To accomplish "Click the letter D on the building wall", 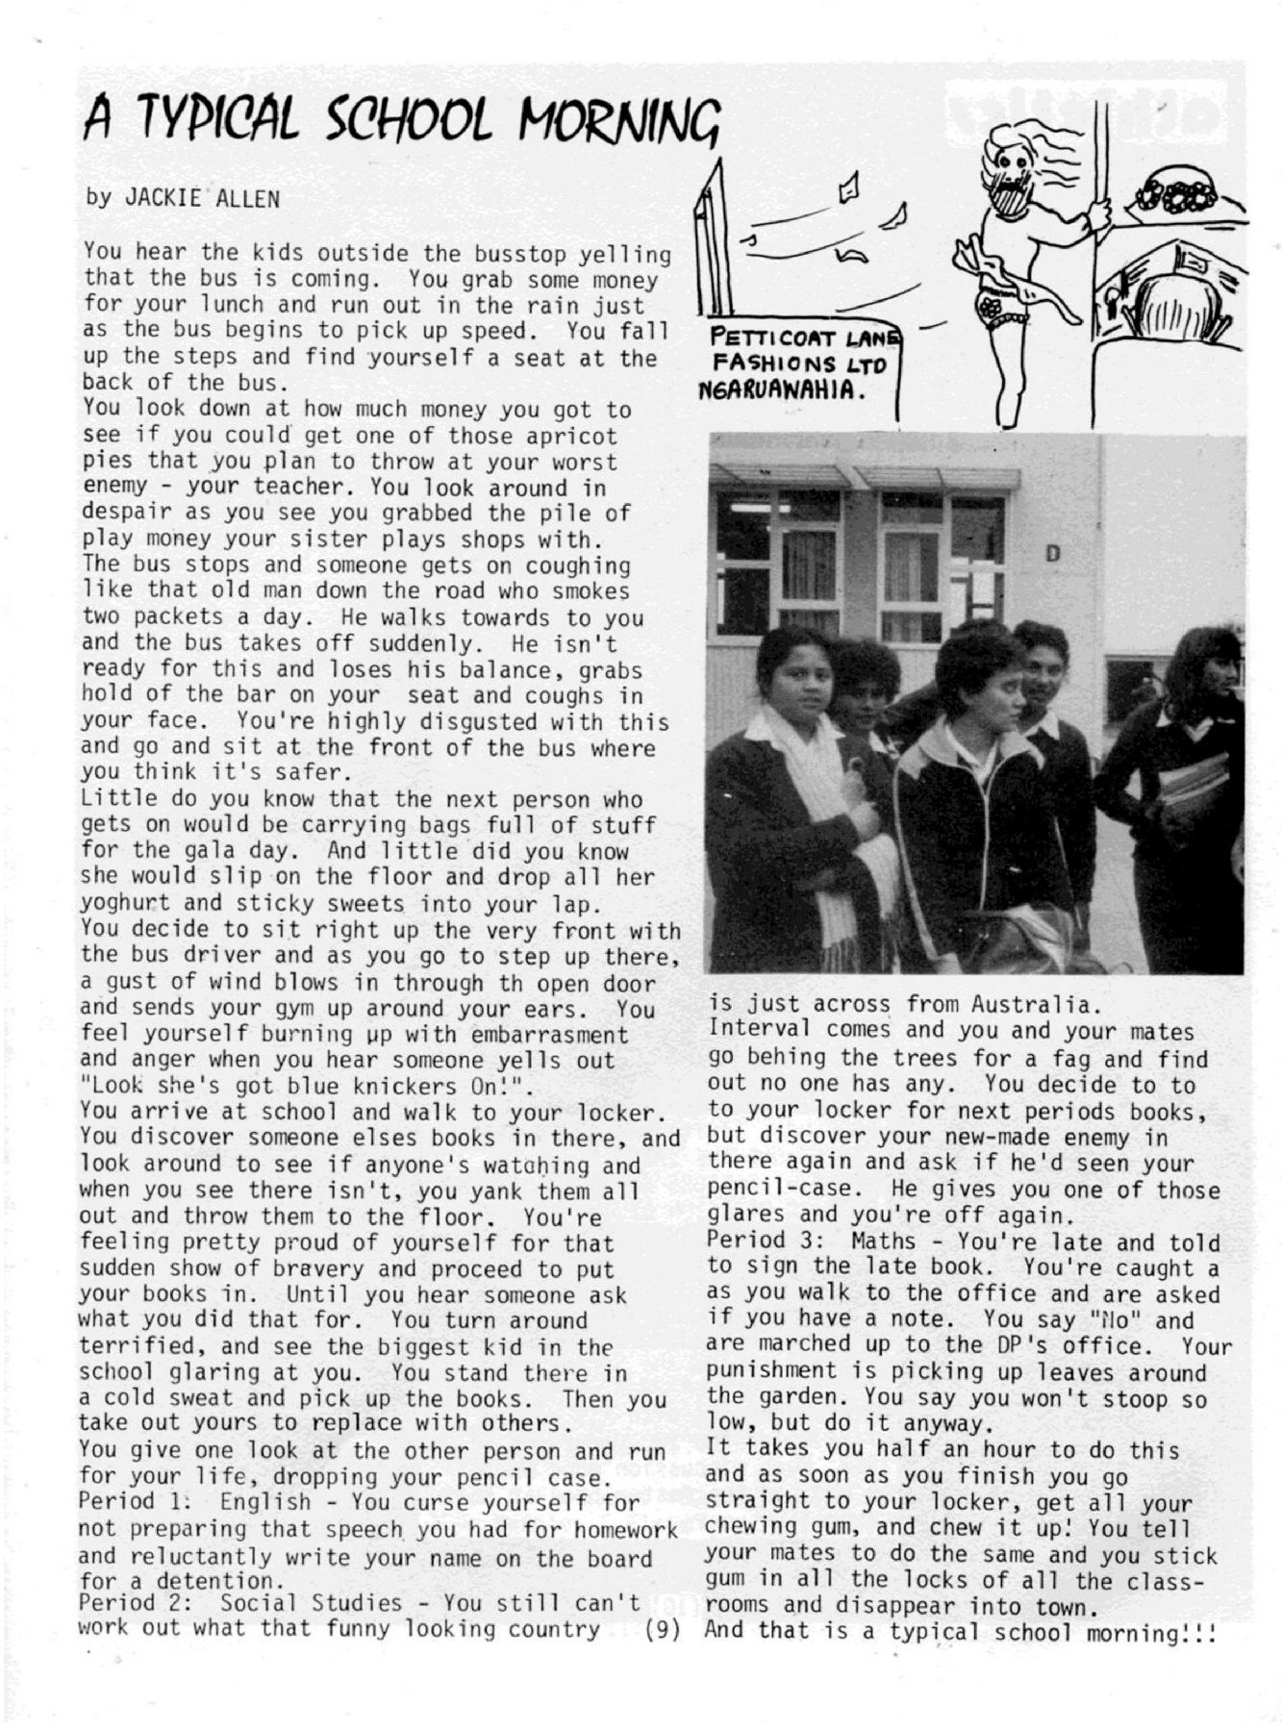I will click(1052, 555).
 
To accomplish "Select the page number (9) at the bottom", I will click(662, 1628).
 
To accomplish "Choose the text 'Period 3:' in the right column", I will click(747, 1242).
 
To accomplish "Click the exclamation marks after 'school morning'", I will click(1198, 1631).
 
